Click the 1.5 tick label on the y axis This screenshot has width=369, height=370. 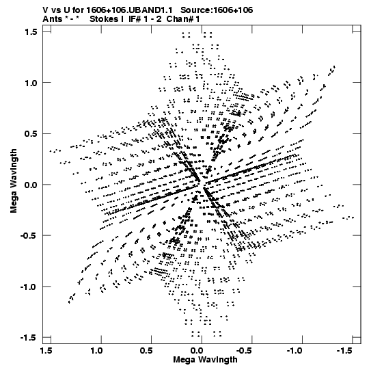pos(31,31)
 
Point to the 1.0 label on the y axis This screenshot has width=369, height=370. pos(31,83)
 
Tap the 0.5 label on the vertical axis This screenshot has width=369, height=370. pos(31,133)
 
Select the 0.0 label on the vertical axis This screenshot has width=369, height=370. pos(31,185)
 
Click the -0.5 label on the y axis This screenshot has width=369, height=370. pos(29,235)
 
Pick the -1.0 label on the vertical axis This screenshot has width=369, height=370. pos(29,287)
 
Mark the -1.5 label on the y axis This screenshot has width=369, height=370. pos(29,338)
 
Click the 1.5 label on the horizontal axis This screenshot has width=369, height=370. pos(46,351)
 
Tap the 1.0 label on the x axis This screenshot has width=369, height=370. pos(96,351)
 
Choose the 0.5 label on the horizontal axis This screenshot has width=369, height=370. pos(146,351)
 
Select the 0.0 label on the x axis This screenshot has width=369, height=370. pos(197,351)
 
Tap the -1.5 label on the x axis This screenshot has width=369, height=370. pos(345,351)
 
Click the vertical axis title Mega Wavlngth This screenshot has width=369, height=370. pos(14,181)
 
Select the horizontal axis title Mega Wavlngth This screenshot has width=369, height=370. pos(205,360)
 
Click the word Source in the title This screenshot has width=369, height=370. pos(195,10)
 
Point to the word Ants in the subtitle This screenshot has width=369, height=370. pos(52,19)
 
